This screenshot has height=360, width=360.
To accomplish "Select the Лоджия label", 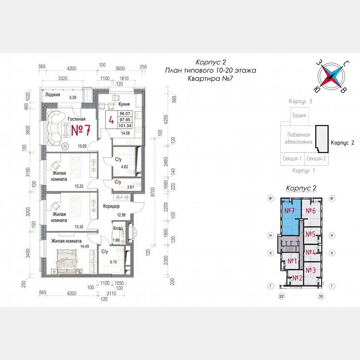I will point(53,95).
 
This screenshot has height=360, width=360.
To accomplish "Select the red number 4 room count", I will point(111,120).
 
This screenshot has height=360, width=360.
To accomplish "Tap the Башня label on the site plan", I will point(299,115).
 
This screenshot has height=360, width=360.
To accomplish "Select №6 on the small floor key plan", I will point(310,211).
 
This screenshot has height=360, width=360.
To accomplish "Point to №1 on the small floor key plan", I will point(292,261).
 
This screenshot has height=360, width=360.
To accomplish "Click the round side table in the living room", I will point(65,146).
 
